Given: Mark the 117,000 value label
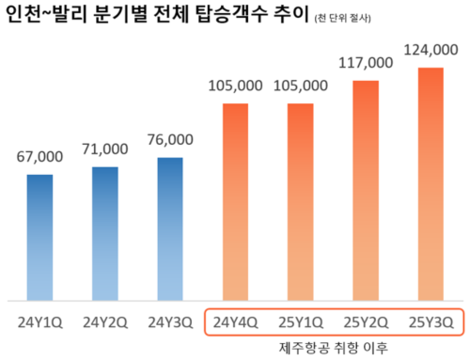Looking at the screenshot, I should (365, 64).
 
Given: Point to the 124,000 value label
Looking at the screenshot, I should (430, 50).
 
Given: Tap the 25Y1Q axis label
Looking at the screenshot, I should (300, 321).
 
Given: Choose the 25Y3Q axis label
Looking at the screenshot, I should (430, 321).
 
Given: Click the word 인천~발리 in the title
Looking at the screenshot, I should (47, 16).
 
